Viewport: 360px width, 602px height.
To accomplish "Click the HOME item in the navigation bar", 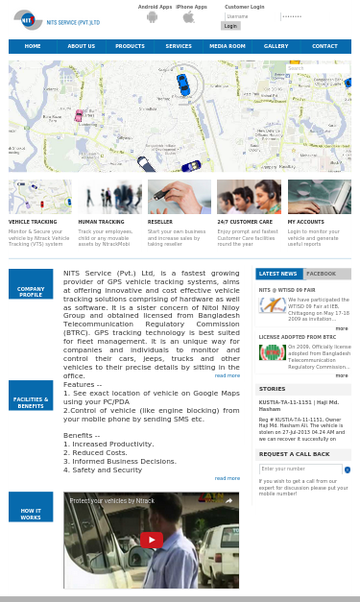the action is [x=33, y=46].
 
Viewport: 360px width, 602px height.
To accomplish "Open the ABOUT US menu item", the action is [x=82, y=46].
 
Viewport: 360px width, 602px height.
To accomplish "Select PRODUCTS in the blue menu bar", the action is [x=130, y=46].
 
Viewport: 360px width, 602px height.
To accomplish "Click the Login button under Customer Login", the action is [x=230, y=26].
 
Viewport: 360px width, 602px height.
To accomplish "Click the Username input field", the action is [x=251, y=16].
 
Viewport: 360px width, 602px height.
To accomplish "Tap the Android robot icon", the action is [x=152, y=16].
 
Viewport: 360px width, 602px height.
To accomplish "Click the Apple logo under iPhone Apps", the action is [x=189, y=16].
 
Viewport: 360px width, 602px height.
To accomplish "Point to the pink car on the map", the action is [x=79, y=115].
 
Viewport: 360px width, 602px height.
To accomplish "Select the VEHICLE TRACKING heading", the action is [x=33, y=222].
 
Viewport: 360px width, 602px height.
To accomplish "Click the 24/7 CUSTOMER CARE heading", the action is [x=245, y=222].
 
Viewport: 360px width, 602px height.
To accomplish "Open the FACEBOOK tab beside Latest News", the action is [x=322, y=274].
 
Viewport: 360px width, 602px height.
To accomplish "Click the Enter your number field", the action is [x=300, y=470].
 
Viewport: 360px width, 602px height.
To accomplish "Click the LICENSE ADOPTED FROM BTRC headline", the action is [x=298, y=337].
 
